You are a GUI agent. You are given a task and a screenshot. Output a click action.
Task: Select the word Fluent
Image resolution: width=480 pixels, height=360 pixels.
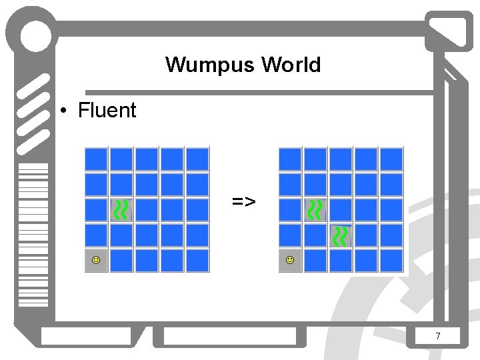107,110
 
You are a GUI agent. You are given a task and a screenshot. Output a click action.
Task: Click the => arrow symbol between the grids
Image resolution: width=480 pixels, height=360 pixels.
243,200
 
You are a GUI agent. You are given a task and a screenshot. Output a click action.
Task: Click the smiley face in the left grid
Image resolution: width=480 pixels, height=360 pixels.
96,259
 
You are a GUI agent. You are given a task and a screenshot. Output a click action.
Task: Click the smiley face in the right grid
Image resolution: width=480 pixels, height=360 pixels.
290,259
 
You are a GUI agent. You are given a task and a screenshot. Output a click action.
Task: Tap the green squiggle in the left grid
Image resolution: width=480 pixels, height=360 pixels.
121,209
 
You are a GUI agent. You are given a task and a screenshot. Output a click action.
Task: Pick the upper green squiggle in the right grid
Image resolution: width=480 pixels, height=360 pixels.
315,209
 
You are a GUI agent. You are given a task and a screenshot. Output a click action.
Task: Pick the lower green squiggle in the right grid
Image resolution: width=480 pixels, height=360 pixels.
341,235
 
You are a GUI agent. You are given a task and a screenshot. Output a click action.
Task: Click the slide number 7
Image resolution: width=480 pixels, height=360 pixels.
437,337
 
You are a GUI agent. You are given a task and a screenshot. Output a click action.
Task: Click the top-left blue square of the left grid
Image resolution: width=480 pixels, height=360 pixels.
96,159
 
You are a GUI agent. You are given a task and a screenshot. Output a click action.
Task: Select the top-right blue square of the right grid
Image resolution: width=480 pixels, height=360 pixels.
391,159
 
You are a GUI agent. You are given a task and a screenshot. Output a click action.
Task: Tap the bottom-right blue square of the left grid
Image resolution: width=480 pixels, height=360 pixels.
197,260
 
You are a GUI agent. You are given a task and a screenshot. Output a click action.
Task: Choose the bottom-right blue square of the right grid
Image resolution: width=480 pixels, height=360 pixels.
391,260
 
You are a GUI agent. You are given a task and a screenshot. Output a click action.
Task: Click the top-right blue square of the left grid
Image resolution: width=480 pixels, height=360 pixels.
197,159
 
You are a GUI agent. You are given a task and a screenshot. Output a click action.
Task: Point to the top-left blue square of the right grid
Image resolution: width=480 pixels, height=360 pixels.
290,159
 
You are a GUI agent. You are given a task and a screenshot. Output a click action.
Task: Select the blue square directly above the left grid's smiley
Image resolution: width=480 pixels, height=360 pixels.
96,235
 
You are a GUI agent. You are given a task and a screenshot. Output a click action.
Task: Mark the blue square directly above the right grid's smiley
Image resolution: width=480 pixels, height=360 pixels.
290,235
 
